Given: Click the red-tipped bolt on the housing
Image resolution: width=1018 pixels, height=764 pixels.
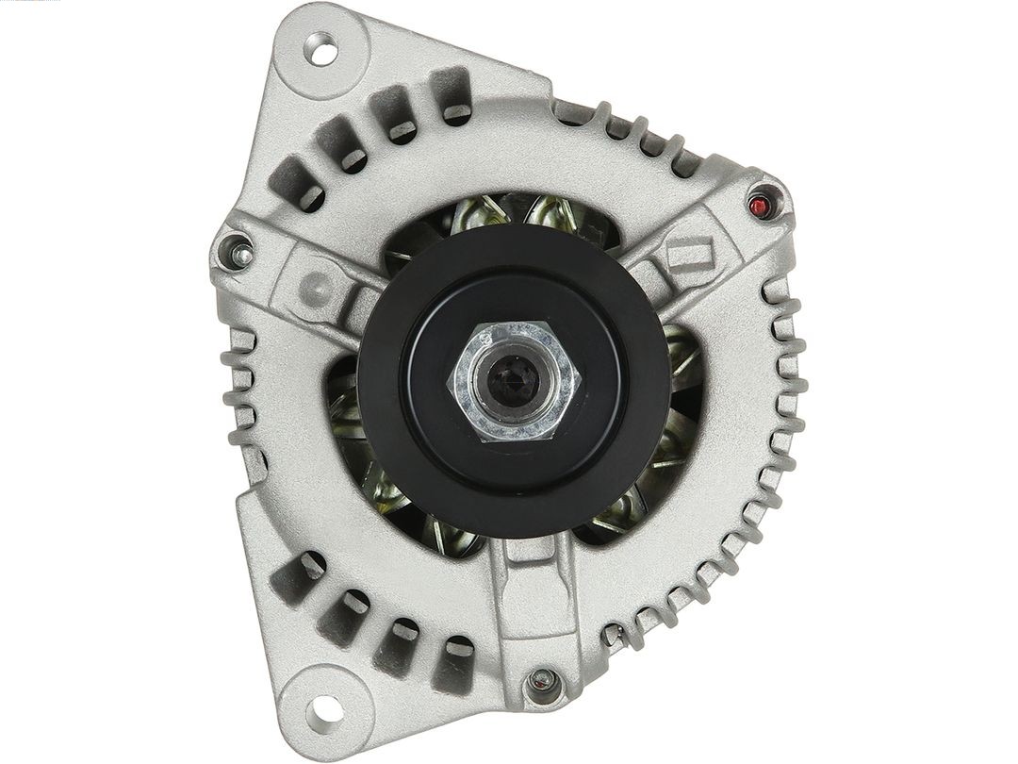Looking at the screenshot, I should click(x=761, y=206).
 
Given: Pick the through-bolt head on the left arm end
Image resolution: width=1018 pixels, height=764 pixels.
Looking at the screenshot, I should click(x=237, y=251).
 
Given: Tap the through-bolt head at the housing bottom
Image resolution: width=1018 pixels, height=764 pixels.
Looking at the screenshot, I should click(x=540, y=679).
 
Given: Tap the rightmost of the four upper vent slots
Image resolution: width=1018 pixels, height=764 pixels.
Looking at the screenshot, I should click(x=453, y=94).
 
